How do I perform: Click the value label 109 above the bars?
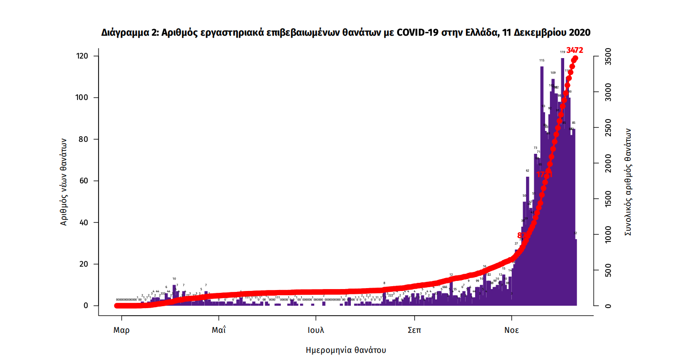pyautogui.click(x=553, y=73)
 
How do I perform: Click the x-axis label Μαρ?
pyautogui.click(x=121, y=330)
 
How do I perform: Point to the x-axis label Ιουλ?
pyautogui.click(x=315, y=330)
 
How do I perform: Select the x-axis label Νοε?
pyautogui.click(x=512, y=330)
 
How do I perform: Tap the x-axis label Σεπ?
pyautogui.click(x=414, y=330)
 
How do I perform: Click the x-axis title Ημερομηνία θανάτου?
pyautogui.click(x=346, y=350)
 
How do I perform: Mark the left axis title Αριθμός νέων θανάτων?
pyautogui.click(x=64, y=181)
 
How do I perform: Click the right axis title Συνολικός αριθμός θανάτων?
pyautogui.click(x=628, y=181)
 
